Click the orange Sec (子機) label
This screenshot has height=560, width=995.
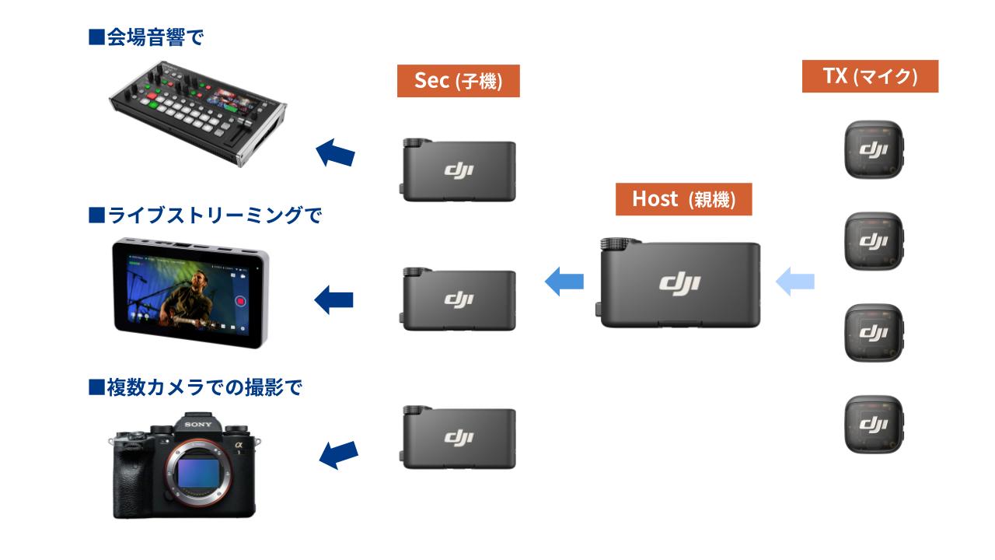[458, 81]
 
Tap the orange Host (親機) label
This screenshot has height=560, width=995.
[683, 199]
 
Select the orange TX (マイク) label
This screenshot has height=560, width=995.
[870, 76]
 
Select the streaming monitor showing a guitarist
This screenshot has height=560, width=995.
[191, 294]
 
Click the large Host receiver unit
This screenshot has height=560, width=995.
[679, 283]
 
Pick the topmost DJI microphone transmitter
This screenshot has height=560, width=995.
[875, 149]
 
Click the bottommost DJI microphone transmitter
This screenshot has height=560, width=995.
[875, 424]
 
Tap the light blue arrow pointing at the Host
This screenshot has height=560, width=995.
[795, 281]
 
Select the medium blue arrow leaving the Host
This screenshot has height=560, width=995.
[564, 281]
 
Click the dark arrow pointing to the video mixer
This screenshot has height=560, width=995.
[336, 152]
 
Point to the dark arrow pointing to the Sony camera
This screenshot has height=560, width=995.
[338, 453]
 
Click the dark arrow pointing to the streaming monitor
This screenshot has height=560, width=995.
[333, 299]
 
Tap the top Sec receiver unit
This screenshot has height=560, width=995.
[459, 170]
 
